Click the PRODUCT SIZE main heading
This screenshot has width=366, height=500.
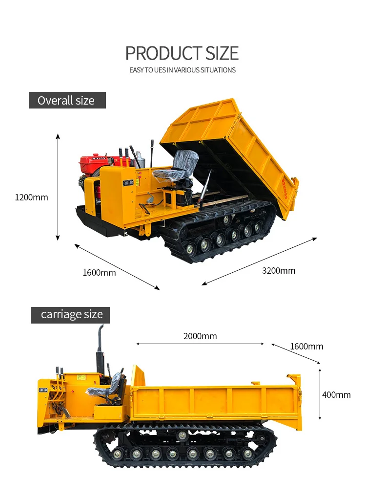[x=182, y=53]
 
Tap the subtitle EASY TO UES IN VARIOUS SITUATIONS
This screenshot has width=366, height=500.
[x=183, y=70]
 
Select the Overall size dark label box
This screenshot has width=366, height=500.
[x=67, y=100]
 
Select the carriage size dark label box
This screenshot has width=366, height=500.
[x=70, y=315]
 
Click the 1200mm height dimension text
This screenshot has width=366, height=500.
[x=32, y=197]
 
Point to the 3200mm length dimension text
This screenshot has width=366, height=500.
[x=279, y=271]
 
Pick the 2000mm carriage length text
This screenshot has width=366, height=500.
[x=200, y=336]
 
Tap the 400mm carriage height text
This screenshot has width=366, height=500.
[x=336, y=395]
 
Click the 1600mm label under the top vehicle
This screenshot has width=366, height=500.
[x=99, y=273]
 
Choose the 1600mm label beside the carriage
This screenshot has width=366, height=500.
[x=306, y=347]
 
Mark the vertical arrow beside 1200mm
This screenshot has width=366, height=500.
[x=58, y=187]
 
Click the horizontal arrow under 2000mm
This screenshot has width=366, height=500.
[x=200, y=344]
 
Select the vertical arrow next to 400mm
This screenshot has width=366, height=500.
[x=320, y=394]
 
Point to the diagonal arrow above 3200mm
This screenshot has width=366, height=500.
[x=260, y=261]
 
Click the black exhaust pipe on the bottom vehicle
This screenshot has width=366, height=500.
[x=101, y=349]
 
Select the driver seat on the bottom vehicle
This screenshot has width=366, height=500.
[x=110, y=389]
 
